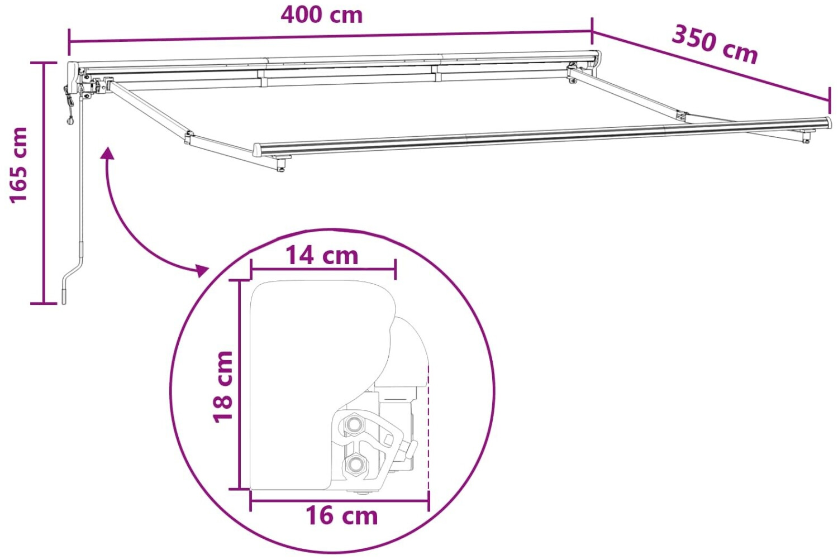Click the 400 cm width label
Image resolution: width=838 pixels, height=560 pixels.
pos(322,15)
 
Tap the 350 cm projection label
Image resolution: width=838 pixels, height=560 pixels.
pos(715,45)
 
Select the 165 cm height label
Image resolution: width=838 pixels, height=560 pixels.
pos(18,165)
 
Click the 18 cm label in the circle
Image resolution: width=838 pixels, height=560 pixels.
pos(223,387)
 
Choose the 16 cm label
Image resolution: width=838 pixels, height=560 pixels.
pos(342,515)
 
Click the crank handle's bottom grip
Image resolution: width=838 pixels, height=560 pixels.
pos(64,296)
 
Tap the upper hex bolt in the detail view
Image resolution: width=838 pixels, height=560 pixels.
pos(354,424)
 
